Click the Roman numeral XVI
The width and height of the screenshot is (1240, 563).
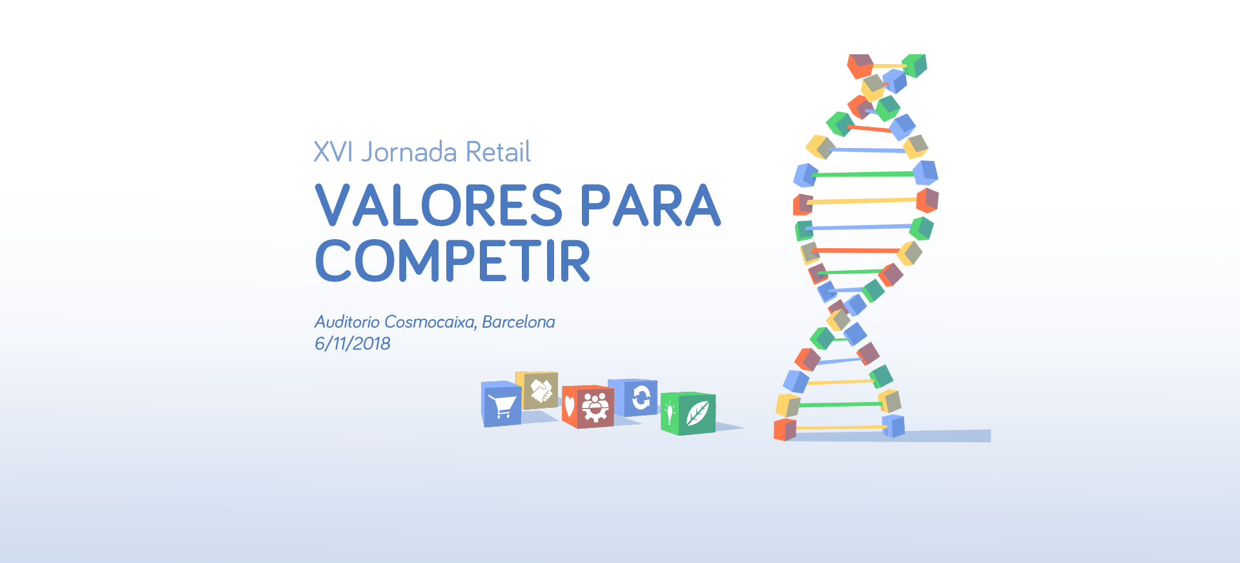[333, 152]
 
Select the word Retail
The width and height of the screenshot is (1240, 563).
[498, 152]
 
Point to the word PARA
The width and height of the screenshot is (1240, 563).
[650, 205]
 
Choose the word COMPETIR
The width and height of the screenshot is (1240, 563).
[453, 260]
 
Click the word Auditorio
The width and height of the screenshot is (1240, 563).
[347, 322]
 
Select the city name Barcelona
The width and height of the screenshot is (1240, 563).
[519, 322]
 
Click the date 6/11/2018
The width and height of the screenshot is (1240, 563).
[353, 343]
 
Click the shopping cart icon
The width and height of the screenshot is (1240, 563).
[502, 405]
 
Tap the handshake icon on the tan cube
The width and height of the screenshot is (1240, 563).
[541, 390]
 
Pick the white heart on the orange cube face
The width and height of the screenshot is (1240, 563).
[569, 407]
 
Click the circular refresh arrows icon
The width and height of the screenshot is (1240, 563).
[641, 398]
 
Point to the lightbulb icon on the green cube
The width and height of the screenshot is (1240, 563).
[670, 412]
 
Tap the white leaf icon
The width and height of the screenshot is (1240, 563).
[697, 413]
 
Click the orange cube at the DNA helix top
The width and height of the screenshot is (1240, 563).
[860, 66]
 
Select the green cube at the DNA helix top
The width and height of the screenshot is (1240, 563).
[914, 65]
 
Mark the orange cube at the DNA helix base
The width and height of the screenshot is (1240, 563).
[785, 430]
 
